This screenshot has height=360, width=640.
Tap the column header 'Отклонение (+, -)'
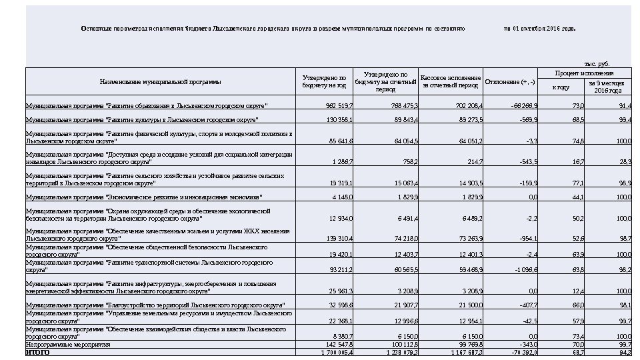[511, 82]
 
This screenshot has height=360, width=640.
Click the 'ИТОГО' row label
[37, 352]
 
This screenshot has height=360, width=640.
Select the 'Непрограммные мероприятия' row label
[58, 345]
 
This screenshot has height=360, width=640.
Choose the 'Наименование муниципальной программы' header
[160, 82]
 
